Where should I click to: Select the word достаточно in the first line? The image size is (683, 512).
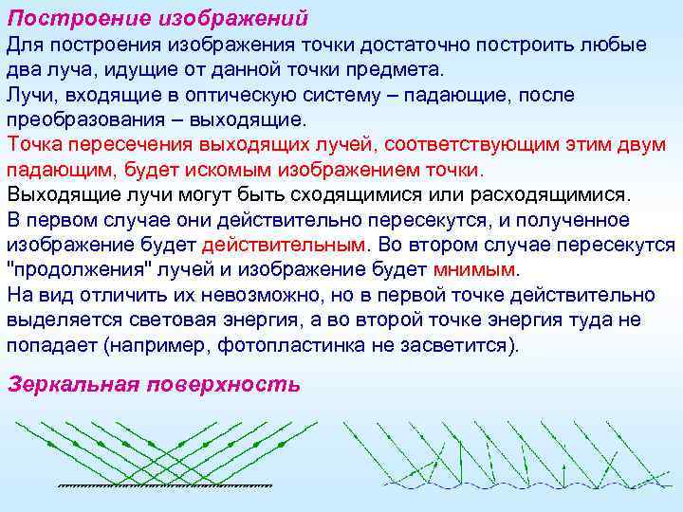point(380,46)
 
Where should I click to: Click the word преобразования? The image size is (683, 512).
point(83,119)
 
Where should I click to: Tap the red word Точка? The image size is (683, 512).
point(35,144)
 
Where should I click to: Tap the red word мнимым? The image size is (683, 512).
point(475,268)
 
